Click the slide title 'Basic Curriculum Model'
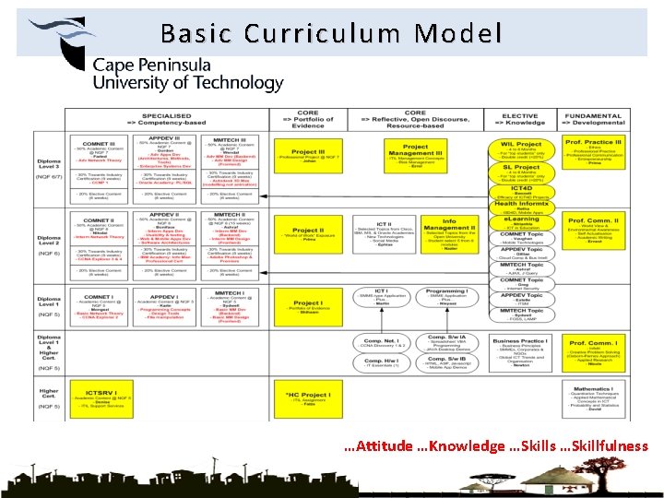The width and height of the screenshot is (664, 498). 331,34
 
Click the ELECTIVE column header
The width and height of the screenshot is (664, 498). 520,119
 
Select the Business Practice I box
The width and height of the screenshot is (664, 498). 521,351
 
